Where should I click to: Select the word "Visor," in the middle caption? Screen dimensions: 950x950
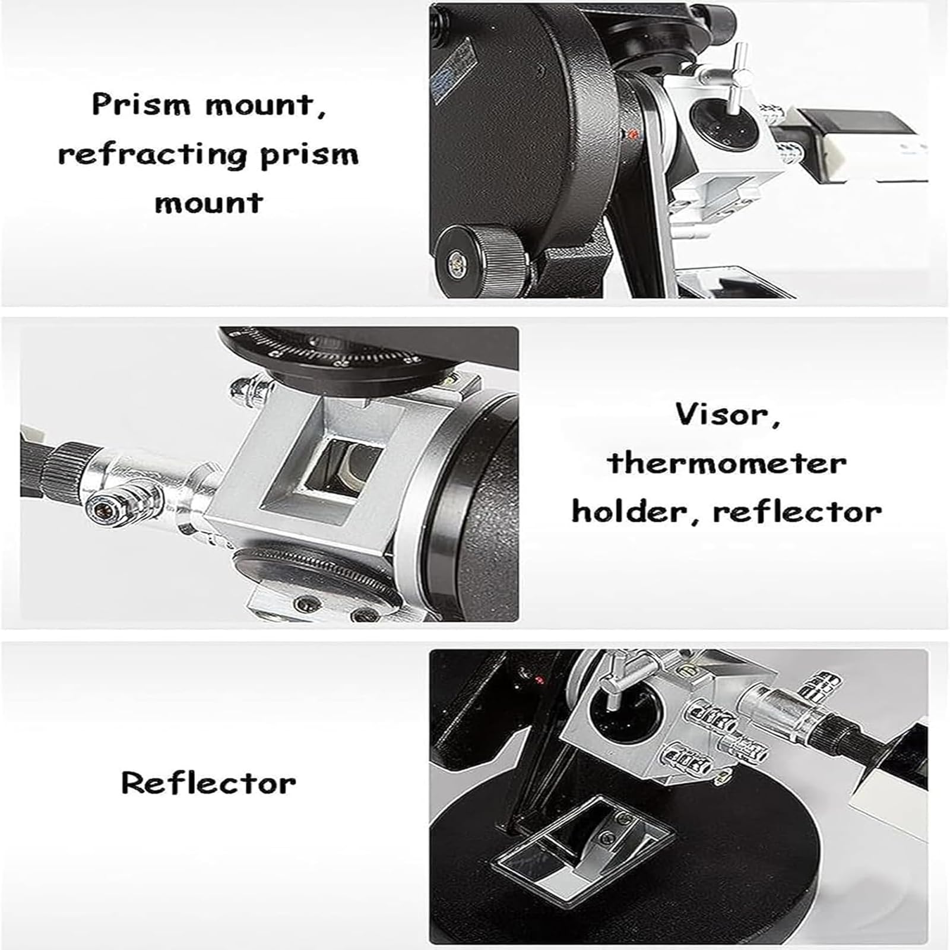[x=727, y=414]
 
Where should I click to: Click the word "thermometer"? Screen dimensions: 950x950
[x=727, y=463]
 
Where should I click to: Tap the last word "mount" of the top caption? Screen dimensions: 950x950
[x=208, y=203]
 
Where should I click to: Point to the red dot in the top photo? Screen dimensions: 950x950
[x=634, y=134]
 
